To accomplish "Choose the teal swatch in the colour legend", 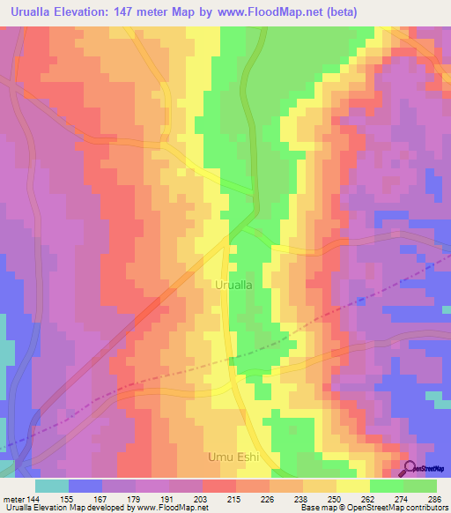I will tap(52, 485).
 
